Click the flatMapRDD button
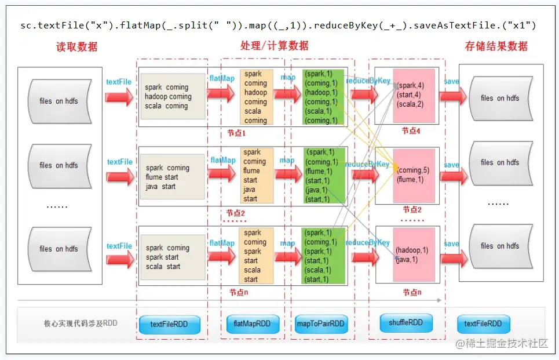point(252,324)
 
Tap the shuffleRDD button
point(406,323)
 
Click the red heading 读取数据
point(77,47)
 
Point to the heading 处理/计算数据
point(275,46)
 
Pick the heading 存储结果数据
point(496,46)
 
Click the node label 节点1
point(237,133)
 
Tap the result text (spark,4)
point(410,86)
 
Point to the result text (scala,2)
point(410,104)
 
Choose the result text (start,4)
point(408,95)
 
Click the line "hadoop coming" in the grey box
point(168,97)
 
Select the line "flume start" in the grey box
point(162,177)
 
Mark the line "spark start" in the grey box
point(163,257)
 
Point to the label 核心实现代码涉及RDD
point(81,323)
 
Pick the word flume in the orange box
point(252,171)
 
